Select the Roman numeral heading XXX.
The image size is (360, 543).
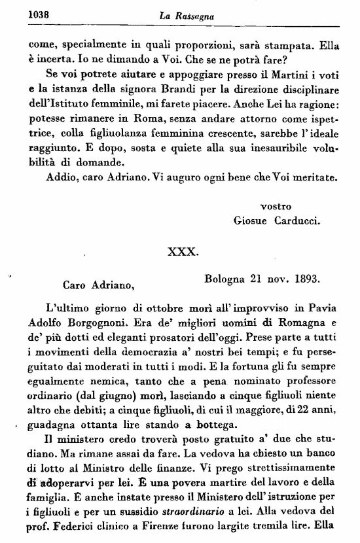coord(181,251)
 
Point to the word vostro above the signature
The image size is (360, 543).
coord(276,206)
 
